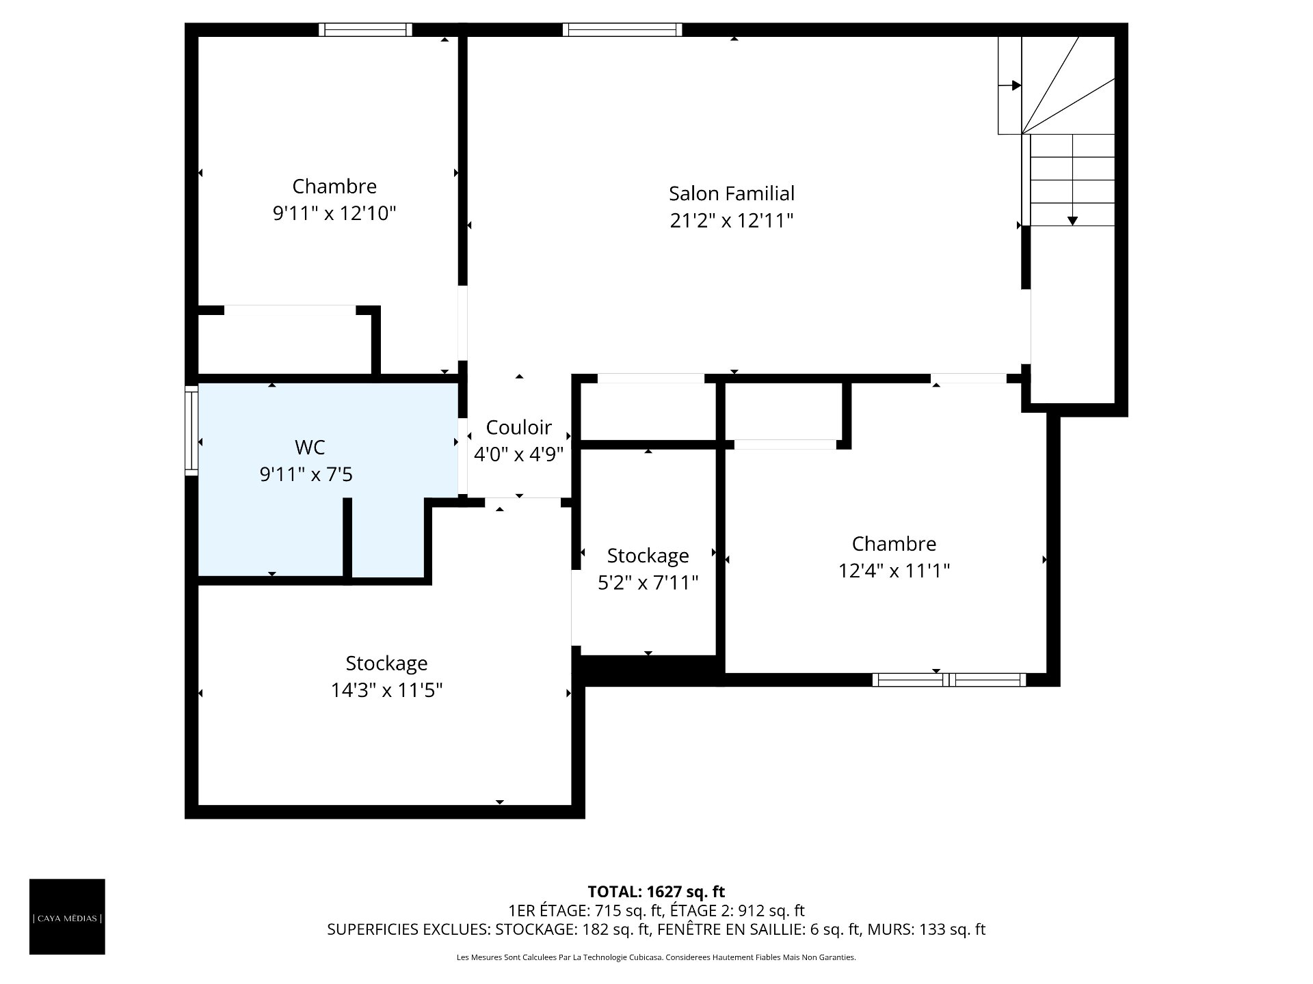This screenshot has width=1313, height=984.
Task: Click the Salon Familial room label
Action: [x=732, y=193]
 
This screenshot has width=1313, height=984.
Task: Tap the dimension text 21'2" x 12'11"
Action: [x=732, y=221]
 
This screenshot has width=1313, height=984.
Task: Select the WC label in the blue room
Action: [x=309, y=448]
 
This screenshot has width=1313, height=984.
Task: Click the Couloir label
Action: [x=518, y=427]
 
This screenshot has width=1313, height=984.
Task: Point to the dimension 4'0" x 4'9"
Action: [x=518, y=454]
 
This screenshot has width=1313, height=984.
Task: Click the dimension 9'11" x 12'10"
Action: [x=334, y=214]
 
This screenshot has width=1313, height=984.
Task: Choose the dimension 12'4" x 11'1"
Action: [x=894, y=571]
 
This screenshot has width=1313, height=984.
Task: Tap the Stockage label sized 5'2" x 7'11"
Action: [x=648, y=556]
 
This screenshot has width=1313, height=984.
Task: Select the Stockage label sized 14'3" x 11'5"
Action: [x=386, y=664]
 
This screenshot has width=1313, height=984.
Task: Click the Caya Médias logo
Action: [x=67, y=916]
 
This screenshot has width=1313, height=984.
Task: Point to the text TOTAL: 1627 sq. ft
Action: [x=656, y=892]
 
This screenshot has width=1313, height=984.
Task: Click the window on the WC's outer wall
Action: [x=191, y=429]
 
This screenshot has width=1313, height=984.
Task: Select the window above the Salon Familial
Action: [x=622, y=29]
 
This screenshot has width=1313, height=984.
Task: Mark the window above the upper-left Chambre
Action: [x=365, y=29]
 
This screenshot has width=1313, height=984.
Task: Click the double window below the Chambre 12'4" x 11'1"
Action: [x=949, y=679]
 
